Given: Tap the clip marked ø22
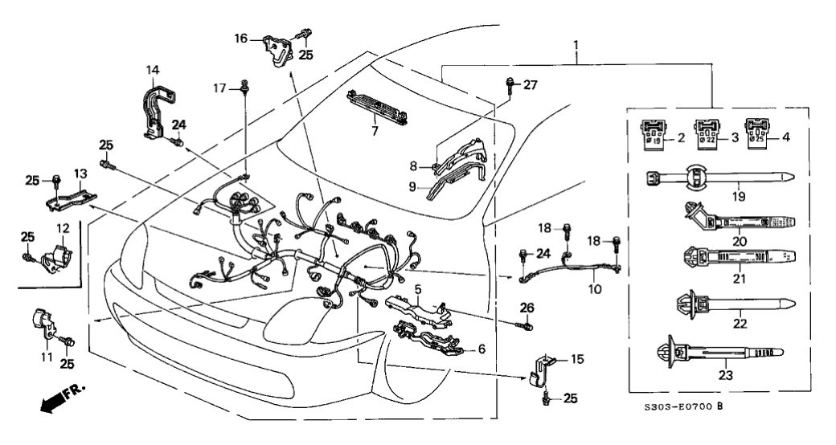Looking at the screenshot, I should click(707, 131).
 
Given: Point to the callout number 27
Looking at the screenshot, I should click(530, 84).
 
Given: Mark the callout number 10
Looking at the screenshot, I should click(593, 288).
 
